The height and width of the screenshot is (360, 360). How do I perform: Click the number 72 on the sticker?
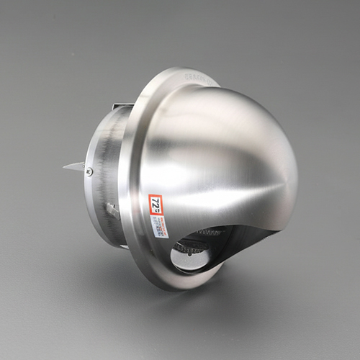click(155, 204)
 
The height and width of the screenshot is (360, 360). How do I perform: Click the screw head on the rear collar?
click(89, 171)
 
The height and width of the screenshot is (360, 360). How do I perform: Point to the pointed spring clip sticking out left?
click(72, 166)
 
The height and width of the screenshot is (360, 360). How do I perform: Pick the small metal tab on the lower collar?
click(112, 210)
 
